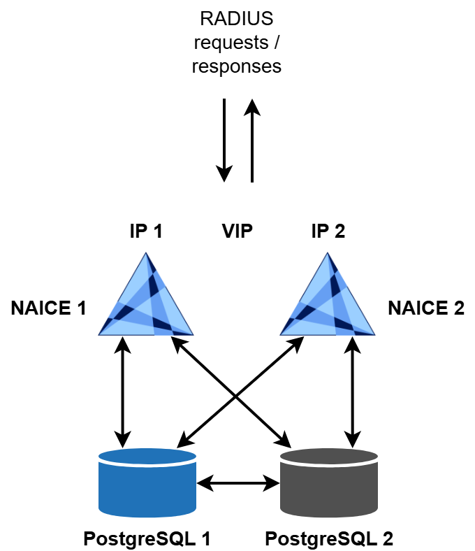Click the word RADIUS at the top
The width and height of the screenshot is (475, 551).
(237, 19)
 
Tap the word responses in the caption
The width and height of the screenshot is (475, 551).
(237, 67)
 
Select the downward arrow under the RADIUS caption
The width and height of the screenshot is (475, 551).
(224, 140)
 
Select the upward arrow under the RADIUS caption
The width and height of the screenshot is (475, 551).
(251, 140)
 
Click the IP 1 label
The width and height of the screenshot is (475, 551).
(146, 231)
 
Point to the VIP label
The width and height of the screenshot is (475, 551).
(237, 231)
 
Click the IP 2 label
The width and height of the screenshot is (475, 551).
(328, 231)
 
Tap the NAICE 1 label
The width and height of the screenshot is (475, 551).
(48, 308)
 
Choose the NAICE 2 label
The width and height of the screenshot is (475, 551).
(426, 308)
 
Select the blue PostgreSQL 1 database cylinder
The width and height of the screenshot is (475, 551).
(147, 482)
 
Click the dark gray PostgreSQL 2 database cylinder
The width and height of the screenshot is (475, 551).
(328, 482)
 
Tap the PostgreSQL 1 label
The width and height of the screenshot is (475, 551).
(147, 538)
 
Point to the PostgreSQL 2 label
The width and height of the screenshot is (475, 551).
(329, 538)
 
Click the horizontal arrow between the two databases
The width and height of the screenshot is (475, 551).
(238, 482)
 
